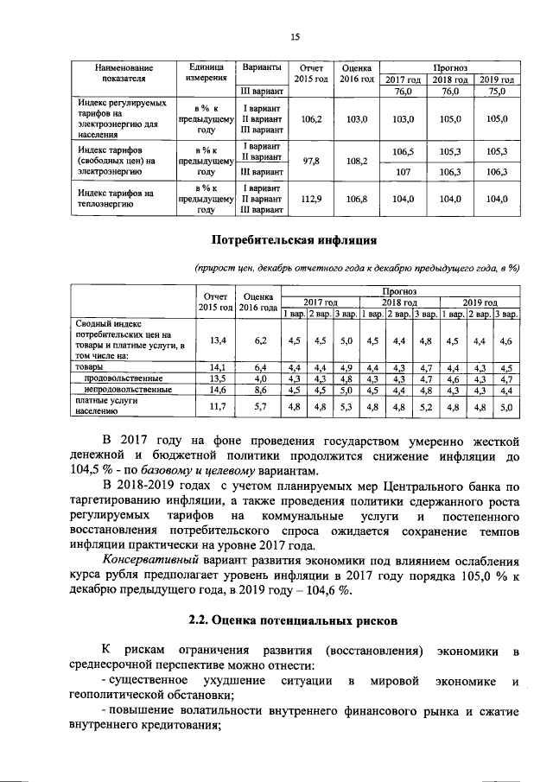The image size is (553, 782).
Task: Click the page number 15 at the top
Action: (294, 36)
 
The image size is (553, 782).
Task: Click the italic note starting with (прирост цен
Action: (356, 268)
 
